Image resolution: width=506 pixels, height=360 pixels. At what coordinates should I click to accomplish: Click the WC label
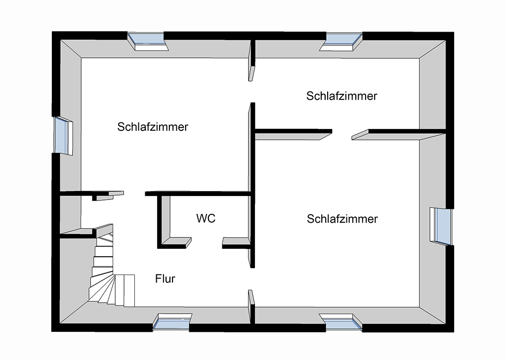coord(206,218)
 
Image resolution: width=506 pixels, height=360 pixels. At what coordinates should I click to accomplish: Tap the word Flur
coord(165,279)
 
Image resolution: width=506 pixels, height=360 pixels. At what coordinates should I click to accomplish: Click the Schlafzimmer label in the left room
coord(153,126)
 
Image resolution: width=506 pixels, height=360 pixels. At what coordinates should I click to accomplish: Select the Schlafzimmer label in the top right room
coord(341,96)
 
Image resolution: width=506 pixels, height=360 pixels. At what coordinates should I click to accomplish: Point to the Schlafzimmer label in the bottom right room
coord(342,219)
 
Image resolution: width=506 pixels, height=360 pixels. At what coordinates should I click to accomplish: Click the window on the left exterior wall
coord(62,136)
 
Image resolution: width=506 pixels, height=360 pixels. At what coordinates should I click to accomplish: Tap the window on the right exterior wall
coord(441,225)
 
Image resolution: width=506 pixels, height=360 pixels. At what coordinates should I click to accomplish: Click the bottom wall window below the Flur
coord(171,322)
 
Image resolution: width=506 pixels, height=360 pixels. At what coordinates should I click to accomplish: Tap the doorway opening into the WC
coord(207,242)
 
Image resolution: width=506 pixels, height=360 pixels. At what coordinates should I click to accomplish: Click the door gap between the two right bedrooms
coord(342,132)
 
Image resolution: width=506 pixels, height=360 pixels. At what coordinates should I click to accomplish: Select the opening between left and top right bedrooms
coord(252,91)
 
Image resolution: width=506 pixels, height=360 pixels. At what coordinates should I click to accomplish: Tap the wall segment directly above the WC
coord(198,194)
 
